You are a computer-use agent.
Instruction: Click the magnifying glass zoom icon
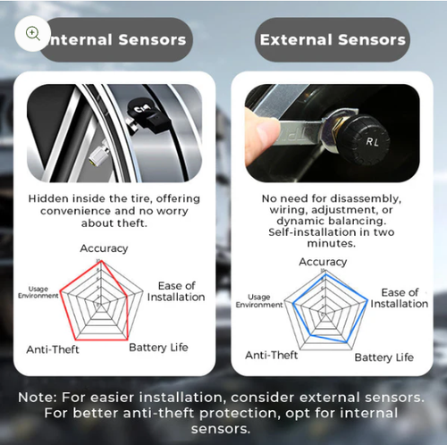click(x=33, y=33)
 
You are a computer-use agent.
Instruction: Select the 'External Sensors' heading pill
click(x=332, y=39)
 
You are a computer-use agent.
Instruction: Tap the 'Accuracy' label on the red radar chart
click(x=104, y=248)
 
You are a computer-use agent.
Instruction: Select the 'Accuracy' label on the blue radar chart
click(x=323, y=262)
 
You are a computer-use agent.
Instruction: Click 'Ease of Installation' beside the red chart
click(x=176, y=291)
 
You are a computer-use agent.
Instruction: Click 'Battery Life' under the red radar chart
click(x=159, y=348)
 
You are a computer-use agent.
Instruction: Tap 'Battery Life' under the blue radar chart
click(x=384, y=357)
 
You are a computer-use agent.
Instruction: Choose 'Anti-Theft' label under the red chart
click(x=53, y=349)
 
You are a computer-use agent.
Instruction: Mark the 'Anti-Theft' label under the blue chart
click(x=271, y=355)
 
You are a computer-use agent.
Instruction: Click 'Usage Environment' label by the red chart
click(x=38, y=292)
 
